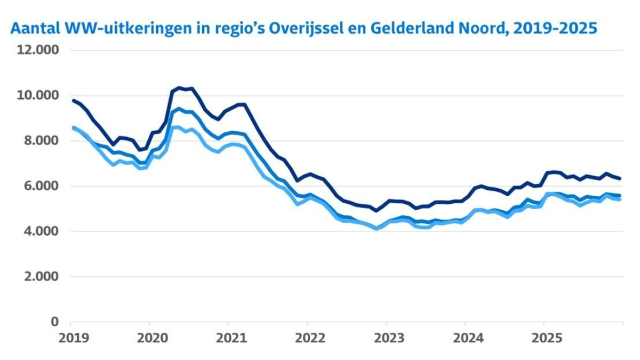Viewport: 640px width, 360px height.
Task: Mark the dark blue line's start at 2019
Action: [x=73, y=100]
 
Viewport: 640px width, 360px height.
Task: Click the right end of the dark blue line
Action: [x=620, y=178]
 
